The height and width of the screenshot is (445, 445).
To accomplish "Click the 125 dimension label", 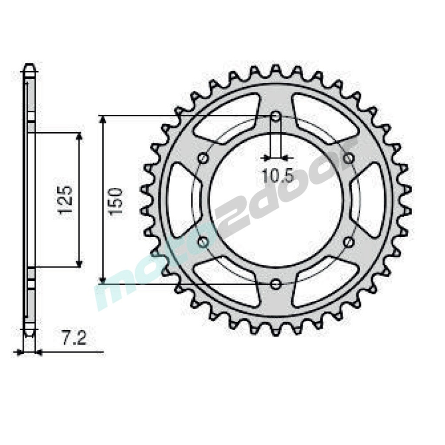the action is pyautogui.click(x=65, y=200).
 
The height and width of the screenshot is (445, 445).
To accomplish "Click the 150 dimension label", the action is pyautogui.click(x=116, y=201).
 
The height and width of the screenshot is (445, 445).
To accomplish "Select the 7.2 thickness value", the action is pyautogui.click(x=74, y=339).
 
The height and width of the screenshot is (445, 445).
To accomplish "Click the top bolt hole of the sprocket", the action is pyautogui.click(x=276, y=116).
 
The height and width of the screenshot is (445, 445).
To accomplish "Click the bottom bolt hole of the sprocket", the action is pyautogui.click(x=275, y=284).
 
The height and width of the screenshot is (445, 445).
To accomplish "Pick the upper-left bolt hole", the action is pyautogui.click(x=203, y=158).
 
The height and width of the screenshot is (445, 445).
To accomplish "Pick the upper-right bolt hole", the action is pyautogui.click(x=349, y=158).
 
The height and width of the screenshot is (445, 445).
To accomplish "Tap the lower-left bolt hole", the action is pyautogui.click(x=203, y=242).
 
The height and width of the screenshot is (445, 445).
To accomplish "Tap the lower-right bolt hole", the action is pyautogui.click(x=348, y=242).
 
